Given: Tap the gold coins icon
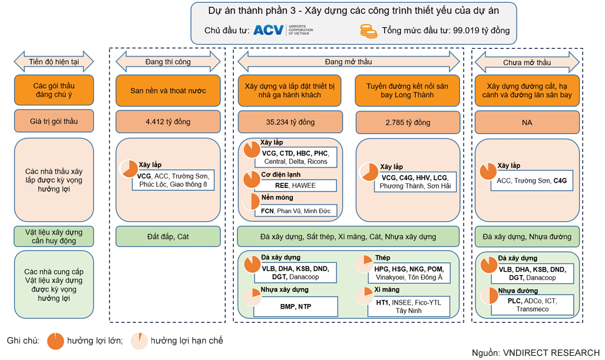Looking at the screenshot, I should pyautogui.click(x=368, y=31).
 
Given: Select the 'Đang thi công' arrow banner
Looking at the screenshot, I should pyautogui.click(x=168, y=61).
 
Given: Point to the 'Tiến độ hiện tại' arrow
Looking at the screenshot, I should pyautogui.click(x=54, y=61).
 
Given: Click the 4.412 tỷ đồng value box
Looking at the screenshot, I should pyautogui.click(x=168, y=122).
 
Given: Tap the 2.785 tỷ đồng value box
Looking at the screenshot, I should pyautogui.click(x=406, y=122).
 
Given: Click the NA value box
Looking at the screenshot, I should pyautogui.click(x=527, y=122).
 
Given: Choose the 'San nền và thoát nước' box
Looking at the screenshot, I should pyautogui.click(x=168, y=91).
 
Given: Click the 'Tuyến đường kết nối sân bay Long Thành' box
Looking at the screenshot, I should pyautogui.click(x=406, y=91).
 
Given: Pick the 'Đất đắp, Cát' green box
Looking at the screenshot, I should pyautogui.click(x=168, y=236).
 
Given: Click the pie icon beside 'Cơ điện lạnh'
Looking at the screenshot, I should pyautogui.click(x=252, y=179).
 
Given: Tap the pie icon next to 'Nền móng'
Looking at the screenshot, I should pyautogui.click(x=252, y=202).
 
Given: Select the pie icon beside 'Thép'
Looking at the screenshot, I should pyautogui.click(x=365, y=263).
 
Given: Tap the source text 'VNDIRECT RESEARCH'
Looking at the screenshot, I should pyautogui.click(x=551, y=353).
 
